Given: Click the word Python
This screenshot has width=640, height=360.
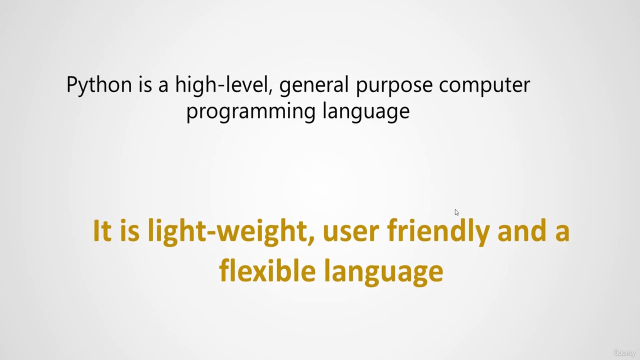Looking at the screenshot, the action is pos(99,85).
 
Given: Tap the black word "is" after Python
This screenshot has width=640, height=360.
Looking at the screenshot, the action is pos(145,84).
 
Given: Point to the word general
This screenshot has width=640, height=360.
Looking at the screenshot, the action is pos(313,85).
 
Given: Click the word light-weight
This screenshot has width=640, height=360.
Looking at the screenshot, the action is pos(231,232).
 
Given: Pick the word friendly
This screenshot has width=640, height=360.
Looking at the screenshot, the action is pos(438,232).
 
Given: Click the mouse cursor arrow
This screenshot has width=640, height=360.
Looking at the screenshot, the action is pos(456,212).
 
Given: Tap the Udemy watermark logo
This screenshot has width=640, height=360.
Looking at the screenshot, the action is pos(624,352).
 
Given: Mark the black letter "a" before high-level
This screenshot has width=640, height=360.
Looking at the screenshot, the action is pos(163,86).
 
